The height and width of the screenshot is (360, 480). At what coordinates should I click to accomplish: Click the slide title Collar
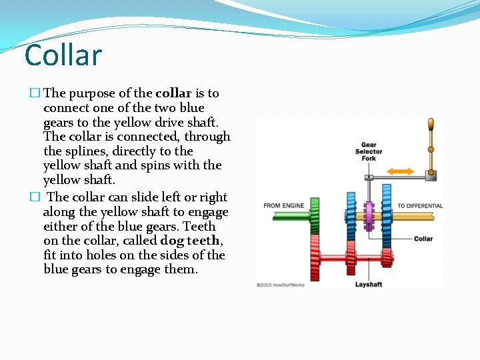pos(63,55)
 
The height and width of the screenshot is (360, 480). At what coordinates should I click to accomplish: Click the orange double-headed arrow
pos(401,171)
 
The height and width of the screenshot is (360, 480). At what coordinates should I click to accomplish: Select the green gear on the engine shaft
pos(315,215)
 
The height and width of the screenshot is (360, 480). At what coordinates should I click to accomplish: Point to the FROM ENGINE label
pos(283,205)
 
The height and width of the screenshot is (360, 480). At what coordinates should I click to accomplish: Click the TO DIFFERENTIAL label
pos(420,206)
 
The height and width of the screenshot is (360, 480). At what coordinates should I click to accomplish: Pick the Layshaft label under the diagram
pos(368,285)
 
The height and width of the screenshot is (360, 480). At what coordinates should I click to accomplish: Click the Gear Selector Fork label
pos(369,151)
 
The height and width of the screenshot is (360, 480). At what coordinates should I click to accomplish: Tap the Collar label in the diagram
pos(423,239)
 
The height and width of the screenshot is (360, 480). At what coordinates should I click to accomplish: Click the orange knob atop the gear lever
pos(431,125)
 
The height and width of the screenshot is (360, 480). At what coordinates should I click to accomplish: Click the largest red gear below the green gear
pos(315,257)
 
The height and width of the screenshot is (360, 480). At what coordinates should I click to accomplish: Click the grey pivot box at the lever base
pos(431,176)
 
